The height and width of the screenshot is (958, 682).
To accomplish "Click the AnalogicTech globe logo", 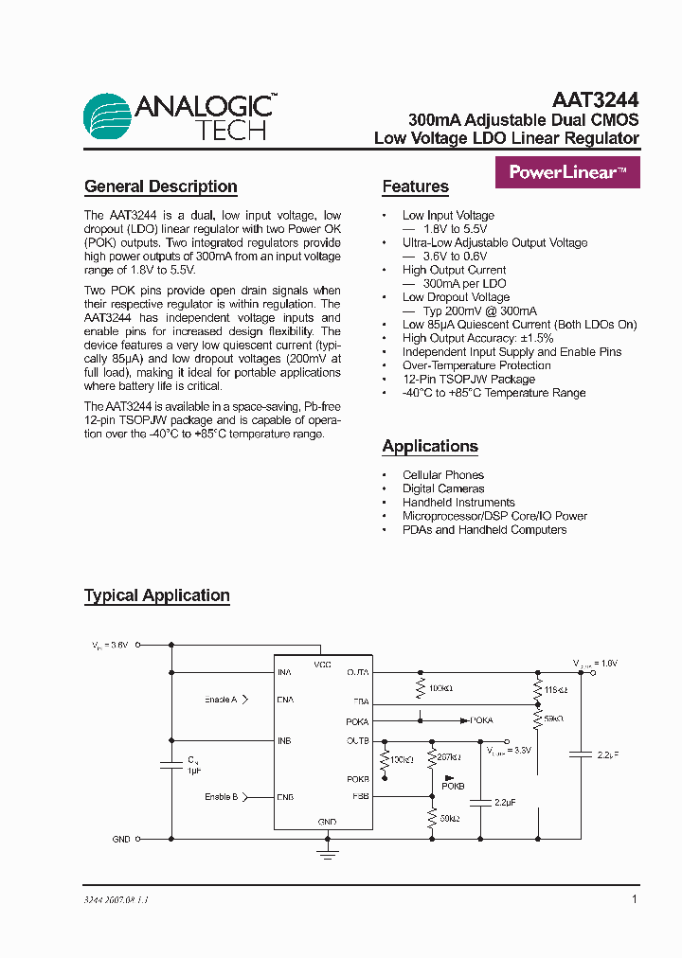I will [x=107, y=117].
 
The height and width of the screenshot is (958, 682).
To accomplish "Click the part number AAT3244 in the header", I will [x=595, y=100].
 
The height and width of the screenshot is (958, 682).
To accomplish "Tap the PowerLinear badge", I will [x=567, y=173].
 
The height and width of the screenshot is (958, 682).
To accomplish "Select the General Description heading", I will [x=160, y=186].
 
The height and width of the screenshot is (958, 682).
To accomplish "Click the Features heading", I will [x=415, y=186].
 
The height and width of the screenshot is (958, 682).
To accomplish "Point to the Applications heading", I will [x=430, y=446].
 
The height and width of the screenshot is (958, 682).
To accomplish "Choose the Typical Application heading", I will [x=157, y=595].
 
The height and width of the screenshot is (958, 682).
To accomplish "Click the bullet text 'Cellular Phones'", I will [x=442, y=475].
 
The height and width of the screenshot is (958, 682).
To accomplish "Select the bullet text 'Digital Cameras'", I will [x=443, y=488].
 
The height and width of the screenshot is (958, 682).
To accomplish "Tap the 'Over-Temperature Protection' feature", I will [x=476, y=365].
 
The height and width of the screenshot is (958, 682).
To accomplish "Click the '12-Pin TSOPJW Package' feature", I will [x=468, y=379].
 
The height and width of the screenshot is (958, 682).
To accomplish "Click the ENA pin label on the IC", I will [x=285, y=700].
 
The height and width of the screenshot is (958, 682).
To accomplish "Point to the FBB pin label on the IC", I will [x=360, y=796].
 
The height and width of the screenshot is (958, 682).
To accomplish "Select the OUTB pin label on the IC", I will [x=357, y=740].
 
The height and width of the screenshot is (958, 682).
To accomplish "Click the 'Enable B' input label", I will [x=221, y=797].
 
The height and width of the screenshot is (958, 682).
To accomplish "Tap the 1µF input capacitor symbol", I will [x=171, y=765].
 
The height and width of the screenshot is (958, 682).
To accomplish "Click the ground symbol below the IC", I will [x=327, y=855].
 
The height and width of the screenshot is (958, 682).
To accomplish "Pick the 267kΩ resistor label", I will [x=450, y=757].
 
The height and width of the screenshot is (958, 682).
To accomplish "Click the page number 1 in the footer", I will [x=634, y=899].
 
